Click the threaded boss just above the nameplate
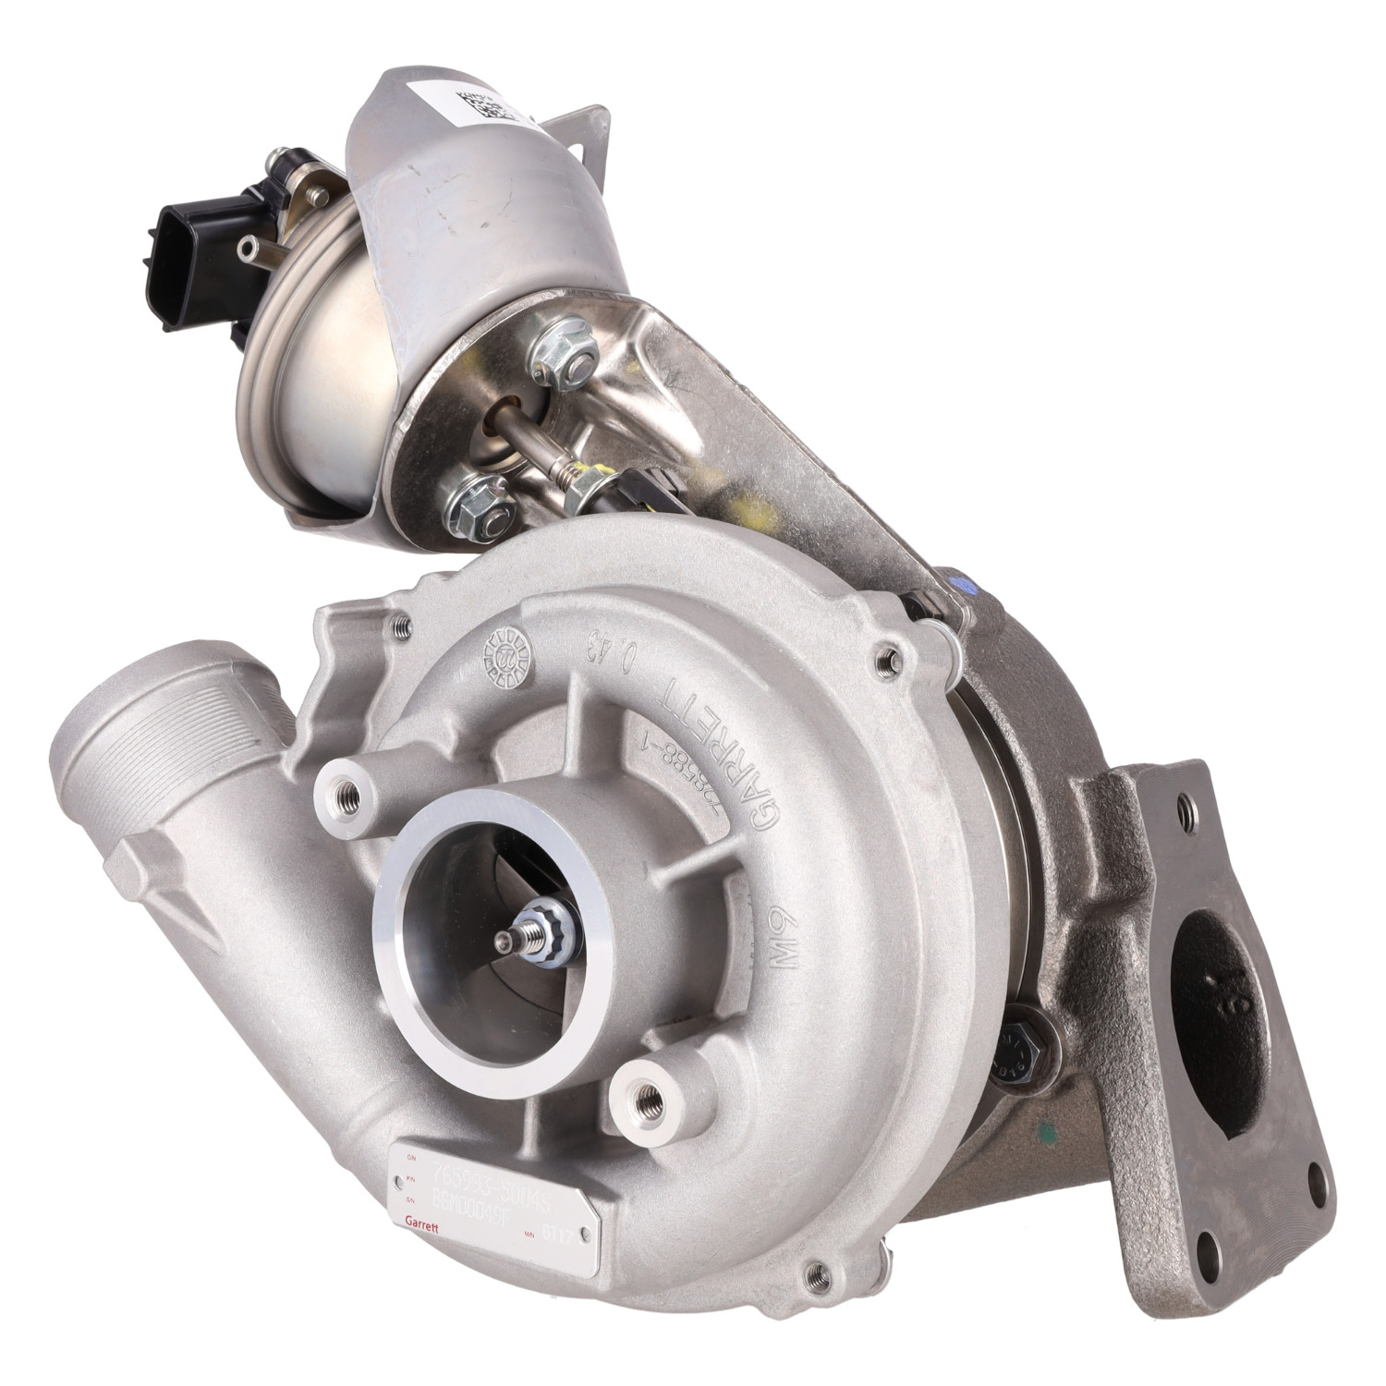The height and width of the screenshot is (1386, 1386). (647, 1096)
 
